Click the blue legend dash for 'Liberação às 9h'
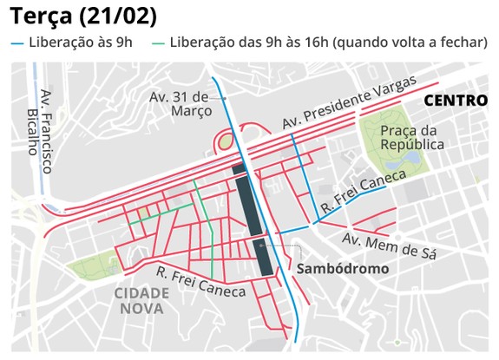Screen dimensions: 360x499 (x=18, y=43)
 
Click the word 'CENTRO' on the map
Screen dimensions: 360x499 (x=455, y=101)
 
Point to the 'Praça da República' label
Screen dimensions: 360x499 (x=412, y=137)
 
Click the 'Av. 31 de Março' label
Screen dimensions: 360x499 (x=180, y=102)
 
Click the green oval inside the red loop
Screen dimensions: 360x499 (x=225, y=141)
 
